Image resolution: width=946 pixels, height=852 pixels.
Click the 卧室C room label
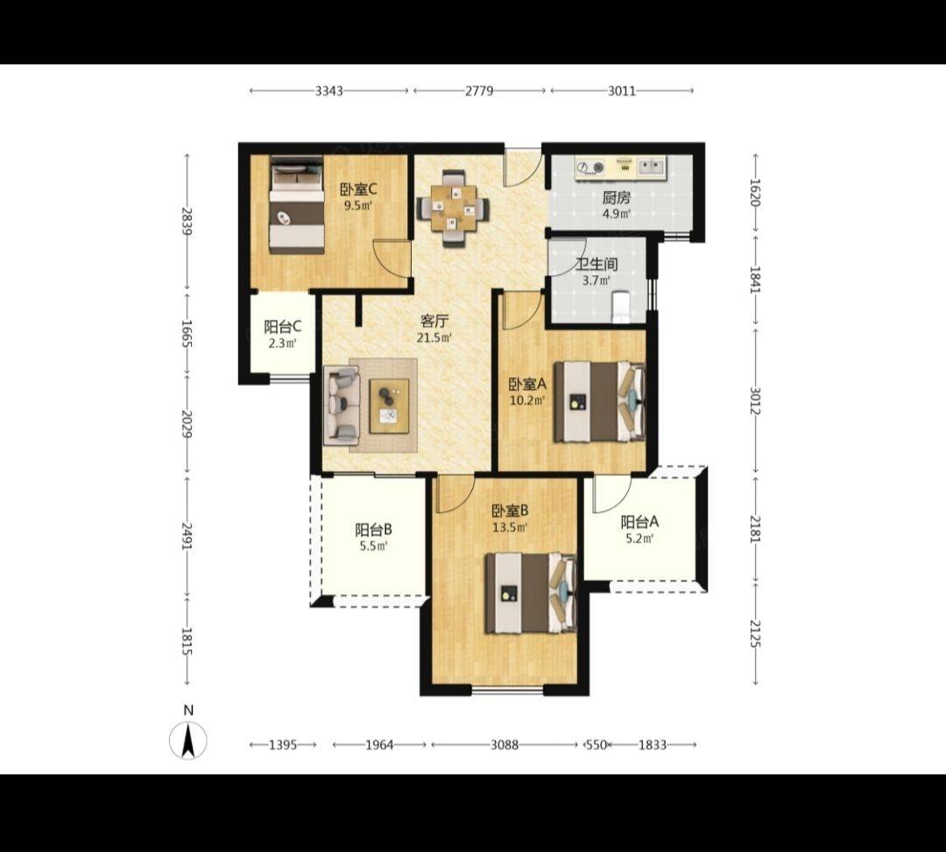[358, 189]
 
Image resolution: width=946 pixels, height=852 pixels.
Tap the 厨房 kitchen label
[616, 198]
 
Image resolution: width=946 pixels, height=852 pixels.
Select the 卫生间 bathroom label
[597, 265]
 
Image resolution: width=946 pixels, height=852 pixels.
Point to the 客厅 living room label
[434, 321]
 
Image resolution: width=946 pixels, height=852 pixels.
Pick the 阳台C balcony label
[282, 327]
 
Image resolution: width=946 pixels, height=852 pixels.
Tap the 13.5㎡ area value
[510, 527]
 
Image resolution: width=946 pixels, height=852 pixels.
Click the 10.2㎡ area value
[528, 400]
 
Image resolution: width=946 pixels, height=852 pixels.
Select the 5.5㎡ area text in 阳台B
[373, 546]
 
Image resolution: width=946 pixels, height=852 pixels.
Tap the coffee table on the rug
[389, 406]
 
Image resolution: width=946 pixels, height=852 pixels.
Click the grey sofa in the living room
[342, 405]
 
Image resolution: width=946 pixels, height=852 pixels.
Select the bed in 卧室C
[296, 204]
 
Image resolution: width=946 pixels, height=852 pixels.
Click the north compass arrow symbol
[188, 741]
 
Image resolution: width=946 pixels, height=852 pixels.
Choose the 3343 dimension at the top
[328, 90]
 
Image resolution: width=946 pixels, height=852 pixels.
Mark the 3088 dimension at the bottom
[504, 744]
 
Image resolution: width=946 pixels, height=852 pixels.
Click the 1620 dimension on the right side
[754, 192]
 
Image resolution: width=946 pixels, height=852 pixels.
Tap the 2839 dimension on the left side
[187, 221]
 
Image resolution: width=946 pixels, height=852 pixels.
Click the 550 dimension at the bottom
[597, 744]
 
